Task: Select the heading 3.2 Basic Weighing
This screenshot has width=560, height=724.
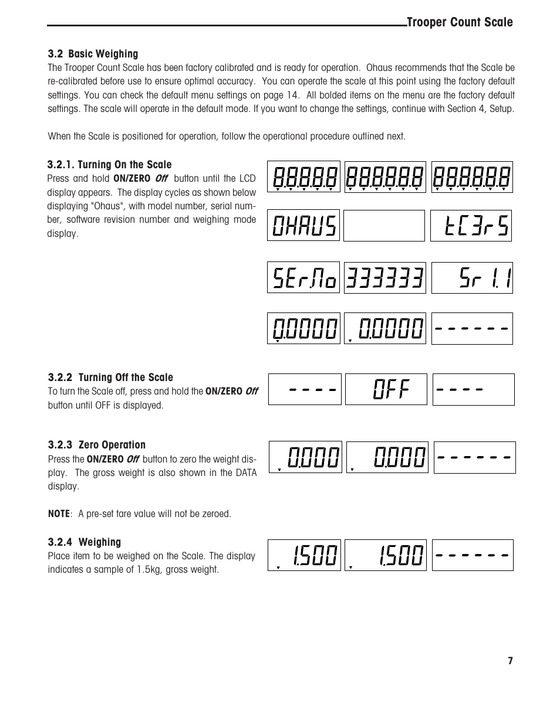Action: click(x=93, y=54)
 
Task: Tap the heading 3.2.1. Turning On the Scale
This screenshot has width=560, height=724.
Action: click(x=110, y=165)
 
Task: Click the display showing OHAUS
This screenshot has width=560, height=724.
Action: click(x=303, y=225)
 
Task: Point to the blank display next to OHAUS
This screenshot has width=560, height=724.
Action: click(x=383, y=226)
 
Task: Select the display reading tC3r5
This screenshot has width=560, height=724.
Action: click(x=471, y=226)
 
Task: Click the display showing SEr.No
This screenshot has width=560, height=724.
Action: click(x=303, y=277)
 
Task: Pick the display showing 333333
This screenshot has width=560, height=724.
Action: click(x=384, y=278)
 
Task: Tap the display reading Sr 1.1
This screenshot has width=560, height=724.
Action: click(x=472, y=278)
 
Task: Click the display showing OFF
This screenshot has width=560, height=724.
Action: click(x=386, y=389)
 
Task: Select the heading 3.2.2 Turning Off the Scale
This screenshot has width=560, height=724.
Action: click(x=110, y=378)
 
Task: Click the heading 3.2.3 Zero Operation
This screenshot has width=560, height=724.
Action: click(x=96, y=445)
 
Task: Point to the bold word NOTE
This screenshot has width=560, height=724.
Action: click(x=59, y=514)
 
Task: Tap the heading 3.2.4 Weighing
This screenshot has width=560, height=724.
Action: click(x=85, y=542)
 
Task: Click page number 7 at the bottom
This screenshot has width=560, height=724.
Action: click(x=510, y=661)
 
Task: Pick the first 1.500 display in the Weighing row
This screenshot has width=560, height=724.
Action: click(x=304, y=555)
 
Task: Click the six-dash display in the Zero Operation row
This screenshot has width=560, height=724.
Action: click(x=474, y=457)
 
